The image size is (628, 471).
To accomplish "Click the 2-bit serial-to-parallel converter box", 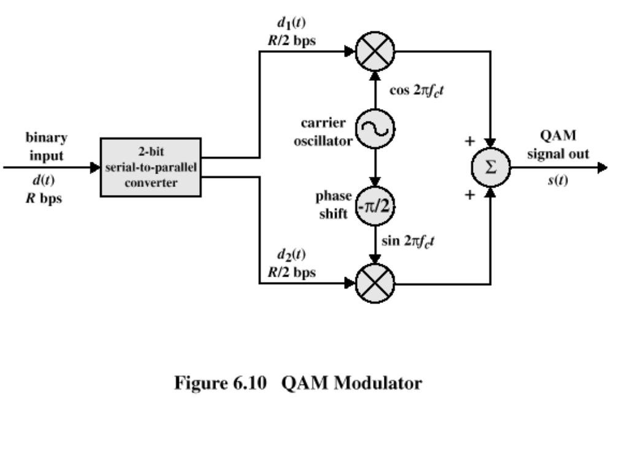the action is click(x=151, y=167).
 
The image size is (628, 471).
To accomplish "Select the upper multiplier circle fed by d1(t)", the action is click(x=375, y=52).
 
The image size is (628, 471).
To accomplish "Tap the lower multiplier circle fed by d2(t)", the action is click(x=375, y=283).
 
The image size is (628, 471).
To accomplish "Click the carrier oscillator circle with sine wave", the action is click(x=375, y=129).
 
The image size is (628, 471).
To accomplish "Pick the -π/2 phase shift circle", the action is click(x=375, y=206).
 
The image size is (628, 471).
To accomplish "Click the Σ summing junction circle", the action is click(x=491, y=167).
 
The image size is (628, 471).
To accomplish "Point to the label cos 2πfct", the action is click(x=416, y=91).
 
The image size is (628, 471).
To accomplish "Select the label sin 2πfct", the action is click(x=408, y=241).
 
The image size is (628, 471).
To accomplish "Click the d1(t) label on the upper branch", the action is click(x=291, y=23).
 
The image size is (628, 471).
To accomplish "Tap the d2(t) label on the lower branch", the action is click(x=291, y=255).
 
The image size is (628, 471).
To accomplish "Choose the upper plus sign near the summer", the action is click(x=470, y=141).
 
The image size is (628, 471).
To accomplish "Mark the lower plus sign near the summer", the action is click(x=470, y=195).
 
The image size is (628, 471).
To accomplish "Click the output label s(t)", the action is click(x=558, y=180).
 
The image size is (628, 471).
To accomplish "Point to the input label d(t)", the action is click(x=44, y=180).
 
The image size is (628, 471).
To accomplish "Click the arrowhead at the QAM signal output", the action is click(x=602, y=167).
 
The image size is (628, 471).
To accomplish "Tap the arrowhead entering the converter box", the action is click(x=95, y=167).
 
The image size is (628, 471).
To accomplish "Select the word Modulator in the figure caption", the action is click(x=378, y=383).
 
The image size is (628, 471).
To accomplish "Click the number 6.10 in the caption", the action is click(x=250, y=383).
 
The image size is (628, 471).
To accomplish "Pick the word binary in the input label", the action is click(x=47, y=138).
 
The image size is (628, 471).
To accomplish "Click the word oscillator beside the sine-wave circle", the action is click(x=323, y=141).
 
